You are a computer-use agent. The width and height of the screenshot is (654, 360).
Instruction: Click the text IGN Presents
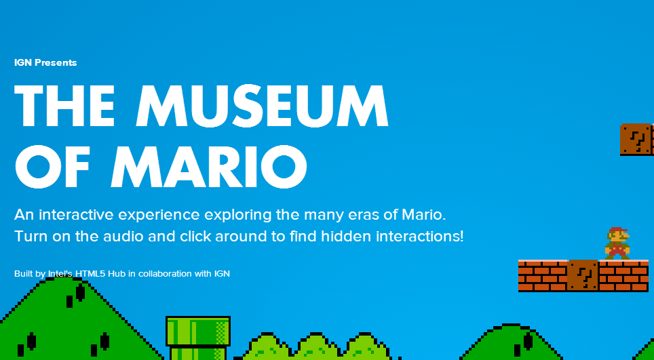click(x=45, y=62)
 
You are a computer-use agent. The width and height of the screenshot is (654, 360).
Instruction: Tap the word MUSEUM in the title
click(x=262, y=106)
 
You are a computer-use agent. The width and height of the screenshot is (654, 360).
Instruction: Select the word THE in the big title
click(x=64, y=106)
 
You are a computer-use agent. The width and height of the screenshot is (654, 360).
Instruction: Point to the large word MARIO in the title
click(x=209, y=167)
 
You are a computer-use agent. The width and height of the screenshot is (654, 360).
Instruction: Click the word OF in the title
click(x=52, y=167)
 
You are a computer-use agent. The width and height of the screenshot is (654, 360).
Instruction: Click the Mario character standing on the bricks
click(x=617, y=243)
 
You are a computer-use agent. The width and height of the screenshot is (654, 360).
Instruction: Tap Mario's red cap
click(x=618, y=230)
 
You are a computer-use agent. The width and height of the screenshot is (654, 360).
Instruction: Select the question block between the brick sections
click(x=583, y=275)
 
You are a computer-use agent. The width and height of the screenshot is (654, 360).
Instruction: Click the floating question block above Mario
click(x=636, y=139)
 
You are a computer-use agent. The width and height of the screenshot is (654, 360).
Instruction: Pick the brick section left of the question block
click(x=543, y=275)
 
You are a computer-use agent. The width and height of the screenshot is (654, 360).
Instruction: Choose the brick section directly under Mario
click(x=623, y=275)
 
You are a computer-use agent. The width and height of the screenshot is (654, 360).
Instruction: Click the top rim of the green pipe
click(x=198, y=332)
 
